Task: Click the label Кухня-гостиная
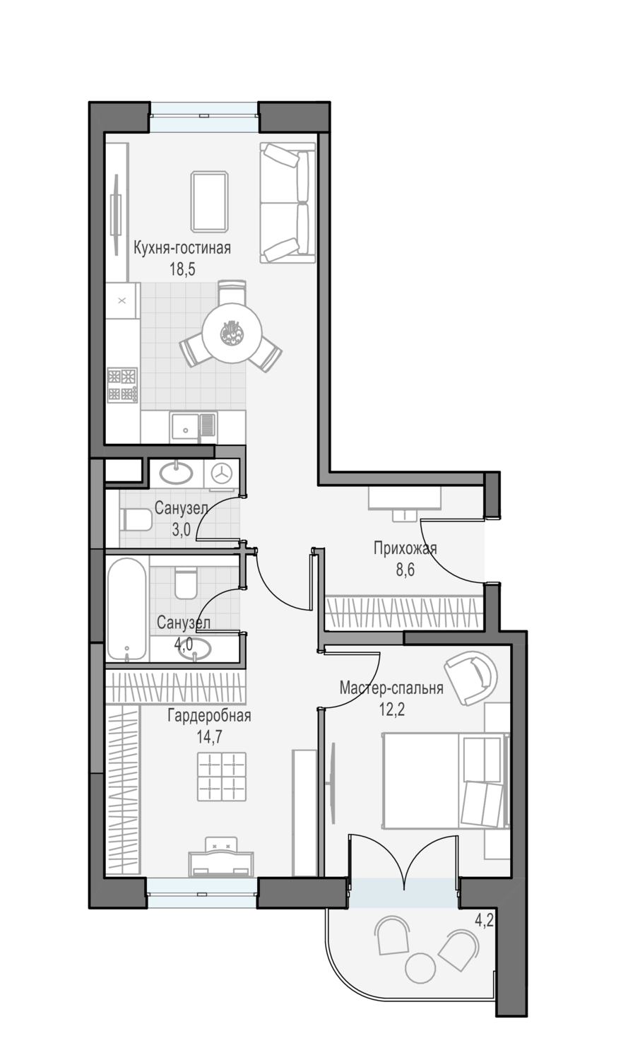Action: (182, 248)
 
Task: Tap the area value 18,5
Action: (182, 269)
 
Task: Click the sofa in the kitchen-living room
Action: (288, 203)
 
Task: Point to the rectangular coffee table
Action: (209, 202)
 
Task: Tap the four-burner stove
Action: (122, 385)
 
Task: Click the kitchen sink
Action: (194, 426)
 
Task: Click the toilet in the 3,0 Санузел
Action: (136, 520)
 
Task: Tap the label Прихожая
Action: (405, 548)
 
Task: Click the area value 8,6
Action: (405, 570)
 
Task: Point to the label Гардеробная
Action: (209, 716)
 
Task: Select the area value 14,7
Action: (209, 737)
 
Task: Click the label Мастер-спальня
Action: (391, 688)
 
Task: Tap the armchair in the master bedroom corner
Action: (470, 678)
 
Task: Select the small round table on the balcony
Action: (420, 968)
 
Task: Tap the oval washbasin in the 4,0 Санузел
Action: (195, 649)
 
